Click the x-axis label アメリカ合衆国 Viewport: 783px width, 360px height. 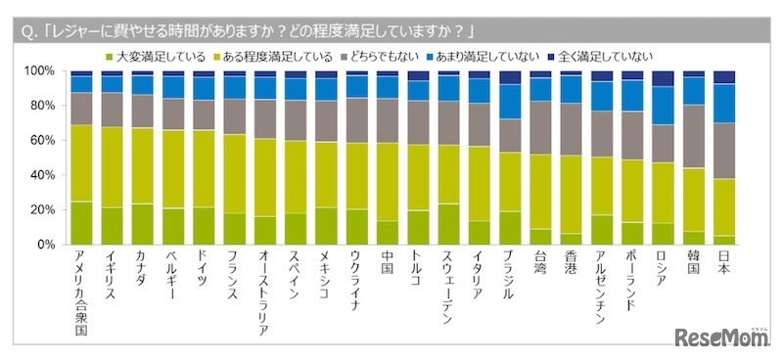[x=82, y=293]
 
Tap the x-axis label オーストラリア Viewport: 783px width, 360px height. [x=264, y=293]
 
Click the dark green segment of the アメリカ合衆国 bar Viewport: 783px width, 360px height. [x=82, y=223]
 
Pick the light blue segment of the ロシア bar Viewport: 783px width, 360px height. [x=663, y=106]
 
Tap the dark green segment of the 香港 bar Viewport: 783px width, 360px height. [x=571, y=239]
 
